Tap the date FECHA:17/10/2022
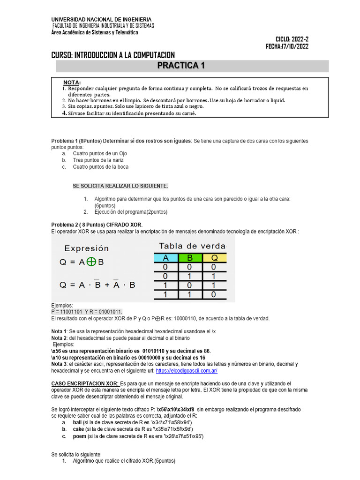tap(287, 46)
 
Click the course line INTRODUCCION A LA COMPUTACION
tap(112, 55)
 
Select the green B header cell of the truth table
tap(190, 257)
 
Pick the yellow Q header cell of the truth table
tap(214, 257)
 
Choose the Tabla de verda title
tap(192, 246)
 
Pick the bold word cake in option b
tap(79, 429)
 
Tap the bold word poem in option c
tap(80, 436)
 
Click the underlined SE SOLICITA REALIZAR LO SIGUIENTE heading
tap(120, 186)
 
